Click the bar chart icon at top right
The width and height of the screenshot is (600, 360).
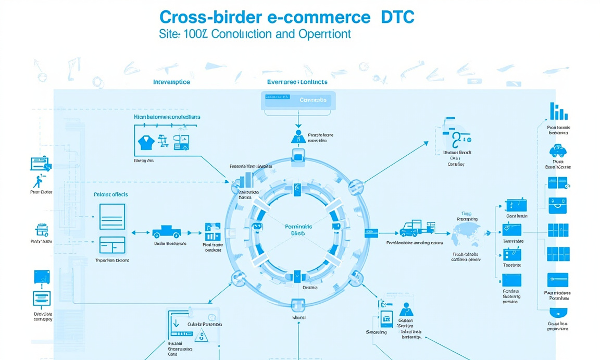[x=558, y=112]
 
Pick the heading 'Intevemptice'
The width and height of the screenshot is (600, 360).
[x=171, y=82]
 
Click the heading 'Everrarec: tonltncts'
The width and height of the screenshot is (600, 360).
[x=297, y=82]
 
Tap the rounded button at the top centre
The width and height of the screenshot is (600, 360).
[x=298, y=100]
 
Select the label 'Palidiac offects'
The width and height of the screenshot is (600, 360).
[x=110, y=194]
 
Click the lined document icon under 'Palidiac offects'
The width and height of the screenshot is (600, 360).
[x=112, y=216]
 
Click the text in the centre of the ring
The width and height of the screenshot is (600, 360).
[x=298, y=230]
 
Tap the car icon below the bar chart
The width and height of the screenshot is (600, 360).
[x=558, y=152]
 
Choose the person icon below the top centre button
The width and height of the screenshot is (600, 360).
[x=298, y=136]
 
